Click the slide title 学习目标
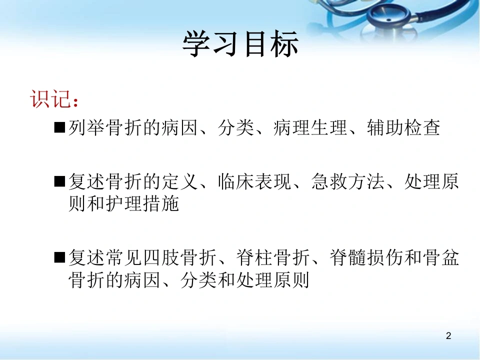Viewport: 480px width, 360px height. pyautogui.click(x=240, y=44)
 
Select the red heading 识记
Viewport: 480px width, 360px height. pyautogui.click(x=49, y=99)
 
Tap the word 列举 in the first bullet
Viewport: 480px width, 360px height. pyautogui.click(x=86, y=127)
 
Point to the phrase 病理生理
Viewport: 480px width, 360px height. pyautogui.click(x=310, y=127)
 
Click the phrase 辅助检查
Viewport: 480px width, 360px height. pyautogui.click(x=404, y=127)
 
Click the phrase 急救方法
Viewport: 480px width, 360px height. pyautogui.click(x=348, y=181)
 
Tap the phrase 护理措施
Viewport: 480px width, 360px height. pyautogui.click(x=142, y=203)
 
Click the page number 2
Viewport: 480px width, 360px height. pyautogui.click(x=448, y=336)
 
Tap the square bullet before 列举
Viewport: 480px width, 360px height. pyautogui.click(x=59, y=127)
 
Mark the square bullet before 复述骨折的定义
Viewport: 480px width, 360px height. pyautogui.click(x=59, y=181)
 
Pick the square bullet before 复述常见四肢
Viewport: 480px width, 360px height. pyautogui.click(x=59, y=257)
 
